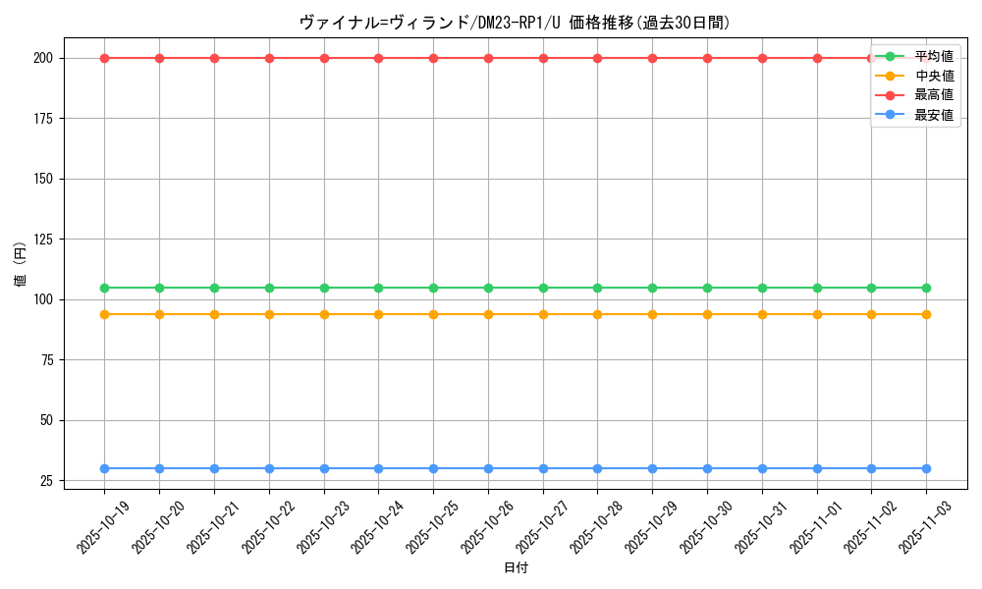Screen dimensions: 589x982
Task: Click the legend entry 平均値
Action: pyautogui.click(x=933, y=56)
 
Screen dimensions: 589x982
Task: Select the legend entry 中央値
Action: pyautogui.click(x=933, y=76)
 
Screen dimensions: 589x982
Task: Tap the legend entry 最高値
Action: pyautogui.click(x=933, y=95)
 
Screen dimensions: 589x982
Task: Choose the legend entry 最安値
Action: pyautogui.click(x=933, y=115)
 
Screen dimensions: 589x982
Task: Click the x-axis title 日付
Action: pyautogui.click(x=515, y=568)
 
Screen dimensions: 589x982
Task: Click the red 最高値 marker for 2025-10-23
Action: pyautogui.click(x=324, y=58)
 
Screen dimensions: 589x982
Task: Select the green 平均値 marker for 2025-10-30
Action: pyautogui.click(x=707, y=288)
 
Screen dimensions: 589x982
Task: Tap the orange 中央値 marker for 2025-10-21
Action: pyautogui.click(x=214, y=314)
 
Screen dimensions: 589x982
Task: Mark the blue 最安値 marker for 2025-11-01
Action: pyautogui.click(x=817, y=468)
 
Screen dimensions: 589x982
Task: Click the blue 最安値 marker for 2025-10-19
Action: pyautogui.click(x=104, y=468)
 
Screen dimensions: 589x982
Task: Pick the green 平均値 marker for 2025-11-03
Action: pyautogui.click(x=926, y=288)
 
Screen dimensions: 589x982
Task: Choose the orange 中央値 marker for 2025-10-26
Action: pyautogui.click(x=488, y=314)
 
